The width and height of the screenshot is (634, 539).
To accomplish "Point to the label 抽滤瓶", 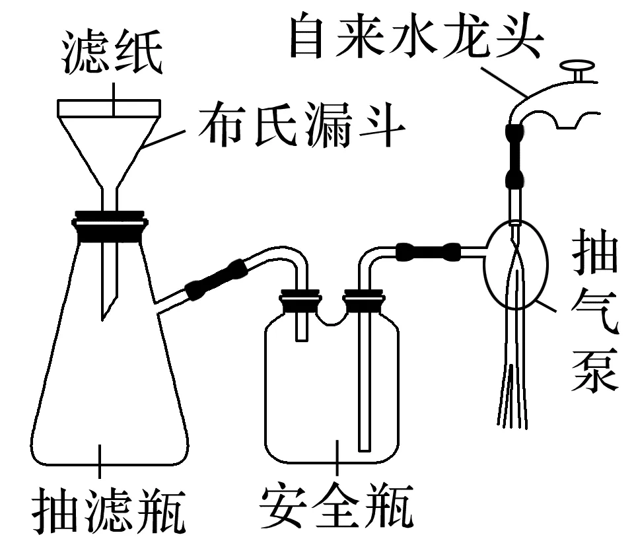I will pyautogui.click(x=110, y=509).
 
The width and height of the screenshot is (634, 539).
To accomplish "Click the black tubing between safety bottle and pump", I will pyautogui.click(x=428, y=250).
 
